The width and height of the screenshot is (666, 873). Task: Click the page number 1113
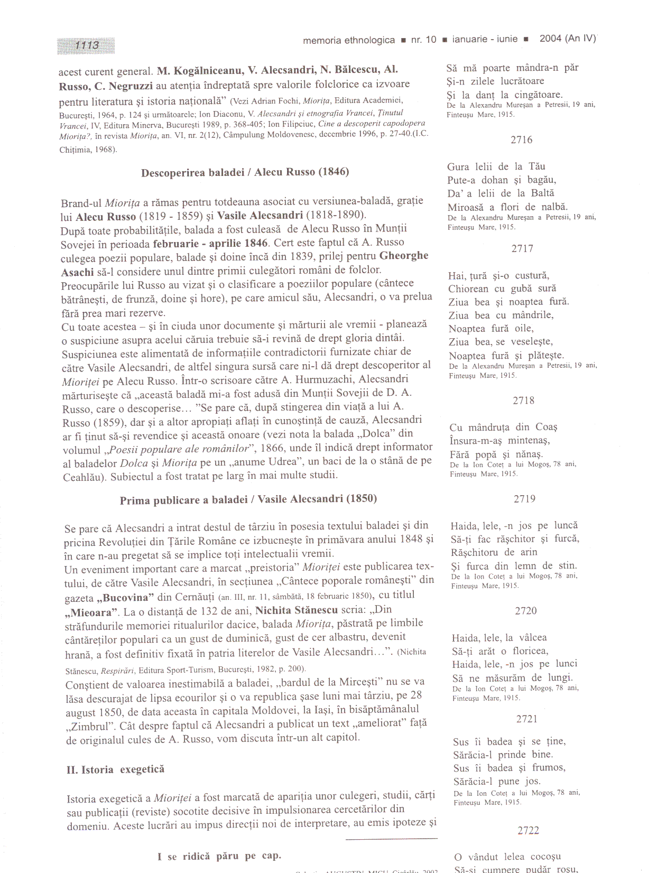[x=86, y=45]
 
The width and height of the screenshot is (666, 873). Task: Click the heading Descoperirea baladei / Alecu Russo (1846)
[x=245, y=172]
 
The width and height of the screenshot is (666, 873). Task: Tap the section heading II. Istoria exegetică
[x=115, y=769]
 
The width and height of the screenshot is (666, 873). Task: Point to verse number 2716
[x=521, y=140]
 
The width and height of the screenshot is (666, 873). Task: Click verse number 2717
[x=522, y=248]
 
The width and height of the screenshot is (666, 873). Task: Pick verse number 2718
[x=523, y=401]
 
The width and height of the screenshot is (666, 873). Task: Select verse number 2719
[x=524, y=499]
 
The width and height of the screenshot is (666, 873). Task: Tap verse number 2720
[x=525, y=611]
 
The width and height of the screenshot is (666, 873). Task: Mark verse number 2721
[x=526, y=719]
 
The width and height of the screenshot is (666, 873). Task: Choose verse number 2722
[x=528, y=831]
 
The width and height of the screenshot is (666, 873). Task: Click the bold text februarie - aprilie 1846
[x=210, y=244]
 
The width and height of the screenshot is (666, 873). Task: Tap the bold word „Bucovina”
[x=126, y=598]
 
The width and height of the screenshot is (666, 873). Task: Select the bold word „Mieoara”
[x=91, y=613]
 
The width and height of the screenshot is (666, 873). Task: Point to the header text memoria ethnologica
[x=349, y=40]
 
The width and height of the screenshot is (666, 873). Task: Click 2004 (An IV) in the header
[x=567, y=39]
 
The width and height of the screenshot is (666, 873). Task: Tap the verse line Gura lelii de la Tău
[x=496, y=167]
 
